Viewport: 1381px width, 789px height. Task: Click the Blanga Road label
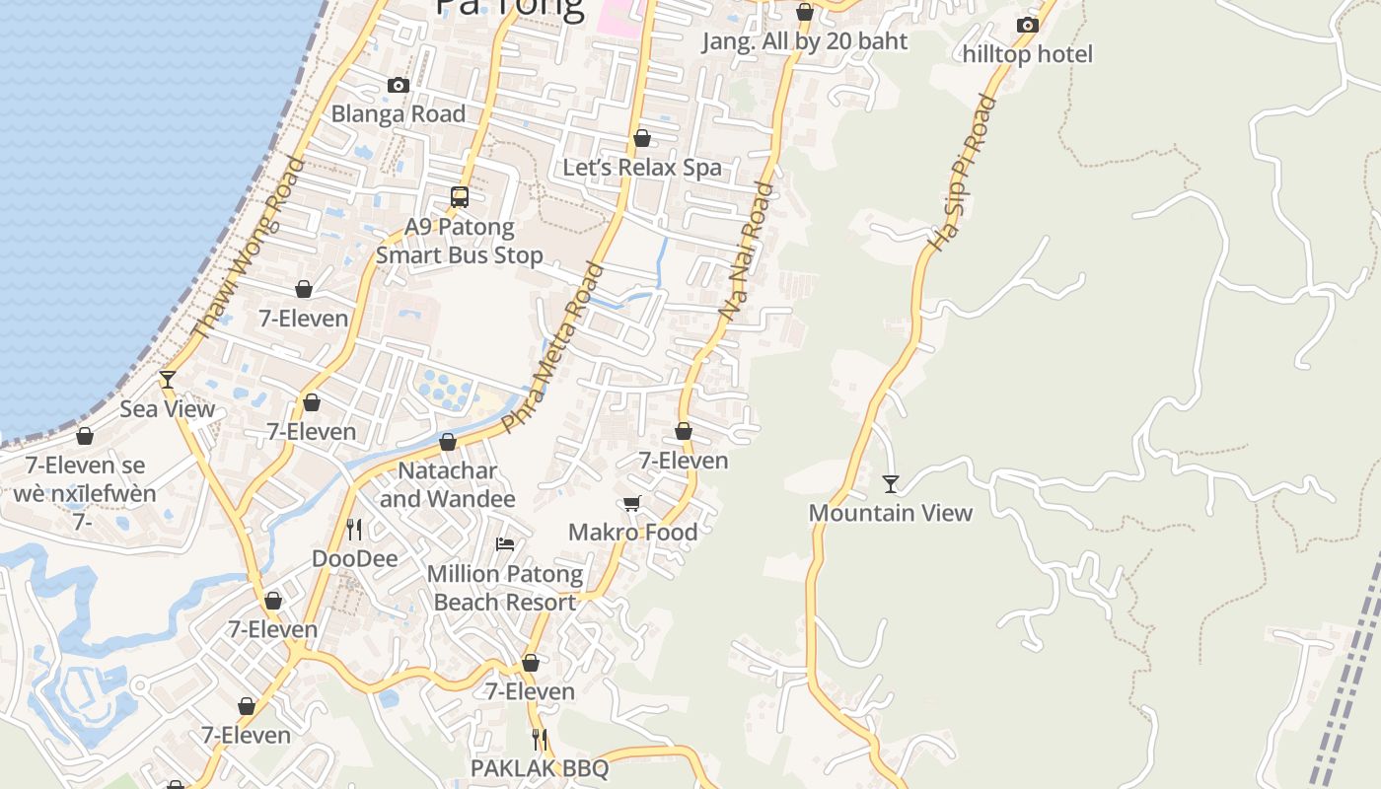(398, 113)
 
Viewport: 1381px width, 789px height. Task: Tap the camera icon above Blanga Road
(399, 86)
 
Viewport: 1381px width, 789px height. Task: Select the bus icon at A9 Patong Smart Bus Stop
(460, 197)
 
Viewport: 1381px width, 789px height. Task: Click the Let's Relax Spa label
(642, 168)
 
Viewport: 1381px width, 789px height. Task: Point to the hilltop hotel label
(1028, 53)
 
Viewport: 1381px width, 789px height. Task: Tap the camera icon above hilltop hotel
(1028, 25)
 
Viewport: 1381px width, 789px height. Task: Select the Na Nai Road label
(747, 251)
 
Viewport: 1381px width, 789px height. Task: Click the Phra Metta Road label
(551, 347)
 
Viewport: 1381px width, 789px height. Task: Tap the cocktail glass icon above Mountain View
(891, 483)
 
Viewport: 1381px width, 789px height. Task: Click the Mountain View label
(891, 513)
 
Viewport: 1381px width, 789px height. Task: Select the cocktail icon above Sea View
(168, 380)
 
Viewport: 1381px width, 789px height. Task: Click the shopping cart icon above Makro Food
(632, 504)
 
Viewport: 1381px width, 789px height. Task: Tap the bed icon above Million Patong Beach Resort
(505, 544)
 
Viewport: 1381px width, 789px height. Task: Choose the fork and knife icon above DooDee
(355, 530)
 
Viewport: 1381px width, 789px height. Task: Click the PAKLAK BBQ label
(540, 768)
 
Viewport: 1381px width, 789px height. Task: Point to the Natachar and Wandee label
(447, 484)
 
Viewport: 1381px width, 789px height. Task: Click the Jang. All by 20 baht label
(804, 41)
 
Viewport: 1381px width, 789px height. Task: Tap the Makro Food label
(632, 533)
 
